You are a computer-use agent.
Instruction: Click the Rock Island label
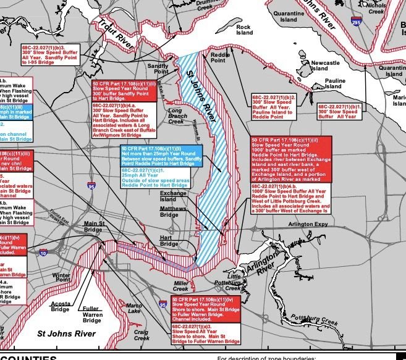(x=243, y=31)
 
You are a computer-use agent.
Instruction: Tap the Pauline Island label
(x=335, y=84)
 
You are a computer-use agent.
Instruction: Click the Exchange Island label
(x=173, y=196)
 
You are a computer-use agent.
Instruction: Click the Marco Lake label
(x=134, y=308)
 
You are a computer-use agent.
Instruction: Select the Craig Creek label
(x=142, y=335)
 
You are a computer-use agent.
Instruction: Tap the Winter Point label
(x=62, y=277)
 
